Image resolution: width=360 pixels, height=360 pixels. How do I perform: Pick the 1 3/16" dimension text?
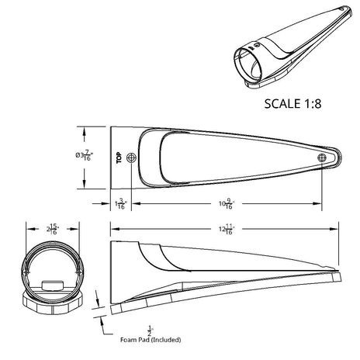[x=119, y=203]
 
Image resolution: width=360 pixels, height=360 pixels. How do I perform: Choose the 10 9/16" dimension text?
[x=227, y=203]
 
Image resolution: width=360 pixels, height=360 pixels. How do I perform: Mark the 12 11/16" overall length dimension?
[x=226, y=228]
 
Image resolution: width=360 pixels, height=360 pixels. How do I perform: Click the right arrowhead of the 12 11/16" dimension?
[x=337, y=228]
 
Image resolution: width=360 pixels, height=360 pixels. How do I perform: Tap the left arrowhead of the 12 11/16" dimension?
[x=114, y=228]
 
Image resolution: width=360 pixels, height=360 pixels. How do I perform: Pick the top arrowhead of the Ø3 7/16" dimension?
[x=84, y=130]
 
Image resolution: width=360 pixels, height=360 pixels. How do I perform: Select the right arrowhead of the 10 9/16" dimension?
[x=318, y=203]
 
